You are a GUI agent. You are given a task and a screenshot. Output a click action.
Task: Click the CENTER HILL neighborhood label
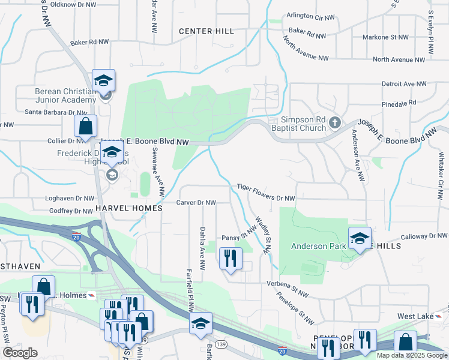(x=205, y=31)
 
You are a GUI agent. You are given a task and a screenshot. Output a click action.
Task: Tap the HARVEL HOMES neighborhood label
(x=128, y=208)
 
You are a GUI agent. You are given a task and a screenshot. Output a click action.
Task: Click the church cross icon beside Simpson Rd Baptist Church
(x=335, y=124)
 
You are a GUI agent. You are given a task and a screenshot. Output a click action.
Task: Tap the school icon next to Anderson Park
(x=358, y=239)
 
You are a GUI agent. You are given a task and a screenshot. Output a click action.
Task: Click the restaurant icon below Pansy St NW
(x=231, y=259)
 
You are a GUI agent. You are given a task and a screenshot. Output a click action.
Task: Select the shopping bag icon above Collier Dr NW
(x=85, y=127)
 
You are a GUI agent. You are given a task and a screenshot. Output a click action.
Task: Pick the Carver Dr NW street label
(x=196, y=203)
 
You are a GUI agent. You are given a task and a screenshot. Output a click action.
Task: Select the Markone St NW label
(x=385, y=37)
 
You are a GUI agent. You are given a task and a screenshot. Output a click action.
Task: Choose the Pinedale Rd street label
(x=399, y=104)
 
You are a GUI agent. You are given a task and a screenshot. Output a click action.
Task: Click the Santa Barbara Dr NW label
(x=56, y=112)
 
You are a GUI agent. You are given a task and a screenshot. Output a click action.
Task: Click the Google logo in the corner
(x=20, y=352)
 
